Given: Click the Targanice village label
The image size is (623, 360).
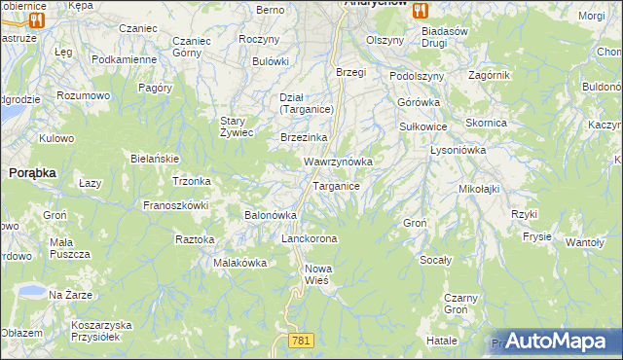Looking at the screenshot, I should pos(337,185).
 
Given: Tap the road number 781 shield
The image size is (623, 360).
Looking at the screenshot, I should pos(300,339).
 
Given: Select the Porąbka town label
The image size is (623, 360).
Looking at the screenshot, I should pos(32,171).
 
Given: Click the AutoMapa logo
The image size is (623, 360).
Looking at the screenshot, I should pos(558,341).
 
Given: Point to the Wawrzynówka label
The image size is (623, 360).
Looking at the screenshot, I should pos(338,161).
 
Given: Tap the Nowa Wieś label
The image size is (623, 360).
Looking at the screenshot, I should pos(317,273).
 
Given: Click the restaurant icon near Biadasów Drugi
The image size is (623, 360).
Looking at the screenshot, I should pos(421,10).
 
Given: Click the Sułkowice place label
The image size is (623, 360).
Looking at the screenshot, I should pos(423,126).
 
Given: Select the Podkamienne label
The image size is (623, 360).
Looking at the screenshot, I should pos(124,59).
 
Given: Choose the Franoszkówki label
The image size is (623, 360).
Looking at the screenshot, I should pos(176,205).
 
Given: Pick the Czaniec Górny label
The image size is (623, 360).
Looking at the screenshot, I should pos(191,47).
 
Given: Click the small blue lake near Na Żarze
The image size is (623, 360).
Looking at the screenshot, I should pos(29,290).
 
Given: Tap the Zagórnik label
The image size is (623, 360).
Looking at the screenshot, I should pos(516,75).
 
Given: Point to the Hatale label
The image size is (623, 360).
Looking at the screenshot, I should pos(441,341).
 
